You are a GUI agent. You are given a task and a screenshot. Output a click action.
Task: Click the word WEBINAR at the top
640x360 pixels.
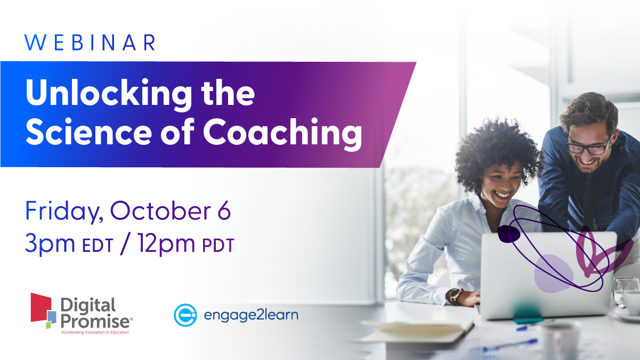tap(90, 43)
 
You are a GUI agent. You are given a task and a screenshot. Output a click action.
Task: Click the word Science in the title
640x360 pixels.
tap(88, 132)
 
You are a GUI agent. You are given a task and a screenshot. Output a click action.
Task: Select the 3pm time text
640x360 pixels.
tap(50, 244)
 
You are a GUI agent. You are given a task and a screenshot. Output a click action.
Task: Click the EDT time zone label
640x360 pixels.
tap(98, 246)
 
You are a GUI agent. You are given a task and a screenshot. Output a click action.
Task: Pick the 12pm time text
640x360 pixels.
tap(166, 244)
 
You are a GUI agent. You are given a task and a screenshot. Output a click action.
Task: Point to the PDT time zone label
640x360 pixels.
tap(218, 246)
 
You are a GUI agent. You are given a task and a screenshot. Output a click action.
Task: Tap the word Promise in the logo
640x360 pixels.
tap(95, 321)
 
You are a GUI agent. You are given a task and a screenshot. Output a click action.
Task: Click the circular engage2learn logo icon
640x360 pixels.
tap(185, 315)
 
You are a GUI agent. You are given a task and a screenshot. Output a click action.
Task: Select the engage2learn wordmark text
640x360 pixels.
tap(251, 315)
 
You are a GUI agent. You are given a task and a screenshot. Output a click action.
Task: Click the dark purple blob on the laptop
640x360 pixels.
tap(508, 234)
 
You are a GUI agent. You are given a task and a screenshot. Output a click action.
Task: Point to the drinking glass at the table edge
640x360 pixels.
tap(625, 292)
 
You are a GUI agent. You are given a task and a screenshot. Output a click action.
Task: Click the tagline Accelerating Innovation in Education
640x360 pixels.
tap(95, 332)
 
